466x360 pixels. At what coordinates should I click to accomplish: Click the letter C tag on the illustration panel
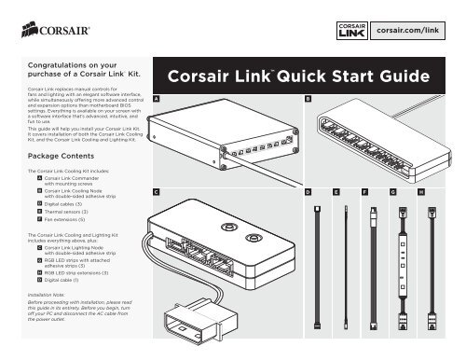(x=157, y=190)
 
